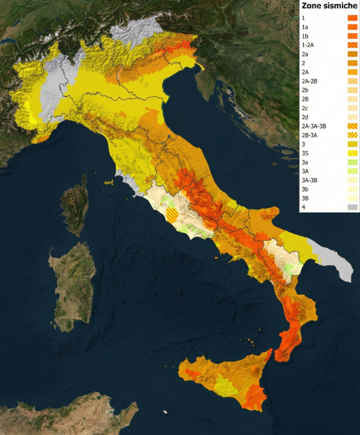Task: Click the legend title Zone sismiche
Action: click(x=329, y=6)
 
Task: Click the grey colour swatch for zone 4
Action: click(x=352, y=207)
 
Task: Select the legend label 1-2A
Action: click(x=308, y=45)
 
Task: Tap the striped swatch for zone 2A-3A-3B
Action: click(x=352, y=126)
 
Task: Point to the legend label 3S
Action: click(x=305, y=153)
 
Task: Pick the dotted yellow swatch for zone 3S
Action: click(x=352, y=153)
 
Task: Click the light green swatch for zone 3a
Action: click(x=352, y=162)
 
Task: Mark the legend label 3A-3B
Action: click(x=309, y=180)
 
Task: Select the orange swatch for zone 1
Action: click(x=352, y=18)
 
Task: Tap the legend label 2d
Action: click(x=305, y=117)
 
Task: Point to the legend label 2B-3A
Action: click(x=309, y=135)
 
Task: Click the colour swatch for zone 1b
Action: click(x=352, y=36)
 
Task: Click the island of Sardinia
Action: click(x=73, y=285)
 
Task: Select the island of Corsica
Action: click(x=75, y=204)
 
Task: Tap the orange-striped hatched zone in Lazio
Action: click(x=172, y=215)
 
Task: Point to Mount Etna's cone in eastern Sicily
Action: click(x=256, y=371)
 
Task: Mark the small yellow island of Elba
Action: click(x=109, y=183)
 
